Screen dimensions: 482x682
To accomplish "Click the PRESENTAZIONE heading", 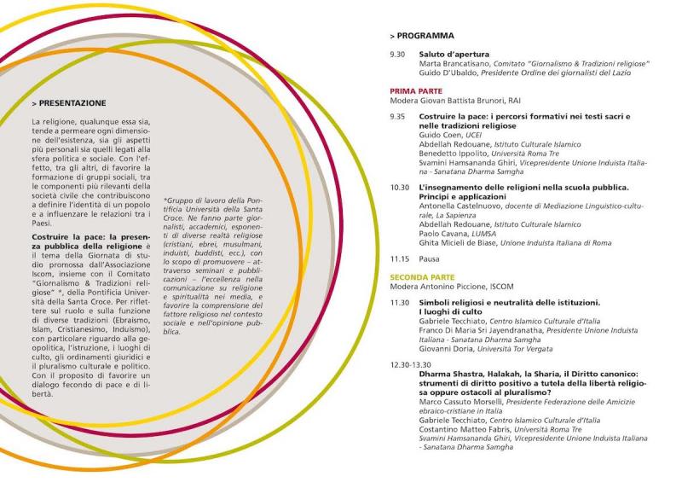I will coord(70,102).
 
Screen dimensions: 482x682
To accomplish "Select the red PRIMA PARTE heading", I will coord(416,90).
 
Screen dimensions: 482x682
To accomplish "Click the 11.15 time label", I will coord(400,258).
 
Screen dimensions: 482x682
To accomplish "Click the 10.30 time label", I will coord(400,187).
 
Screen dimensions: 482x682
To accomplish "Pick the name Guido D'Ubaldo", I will coord(447,73).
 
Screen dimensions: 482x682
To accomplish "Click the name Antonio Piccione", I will coord(457,287).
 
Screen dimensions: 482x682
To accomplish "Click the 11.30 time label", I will coord(400,302).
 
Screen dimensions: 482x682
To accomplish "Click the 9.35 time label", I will coord(397,116).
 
